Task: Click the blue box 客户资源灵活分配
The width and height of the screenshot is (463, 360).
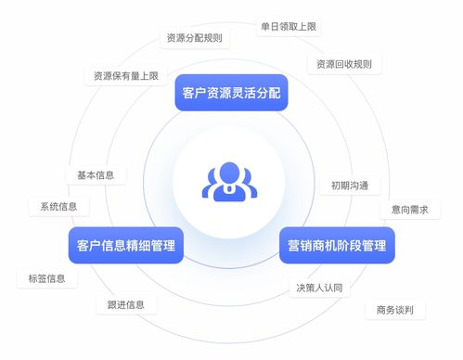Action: (x=231, y=93)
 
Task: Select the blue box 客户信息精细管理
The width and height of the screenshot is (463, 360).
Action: (x=125, y=245)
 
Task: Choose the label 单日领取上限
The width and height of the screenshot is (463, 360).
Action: (x=289, y=27)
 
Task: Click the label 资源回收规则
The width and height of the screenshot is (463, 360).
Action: (x=344, y=64)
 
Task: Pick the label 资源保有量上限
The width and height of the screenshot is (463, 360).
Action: (x=124, y=75)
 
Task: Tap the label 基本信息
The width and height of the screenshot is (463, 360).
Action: (x=96, y=174)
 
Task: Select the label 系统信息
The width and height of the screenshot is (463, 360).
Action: (x=58, y=206)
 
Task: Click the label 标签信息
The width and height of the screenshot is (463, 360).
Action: (x=47, y=278)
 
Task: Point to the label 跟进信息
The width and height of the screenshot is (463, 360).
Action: (x=125, y=304)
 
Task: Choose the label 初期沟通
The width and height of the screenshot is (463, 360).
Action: (x=349, y=185)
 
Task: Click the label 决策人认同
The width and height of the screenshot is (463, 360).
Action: (x=319, y=288)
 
